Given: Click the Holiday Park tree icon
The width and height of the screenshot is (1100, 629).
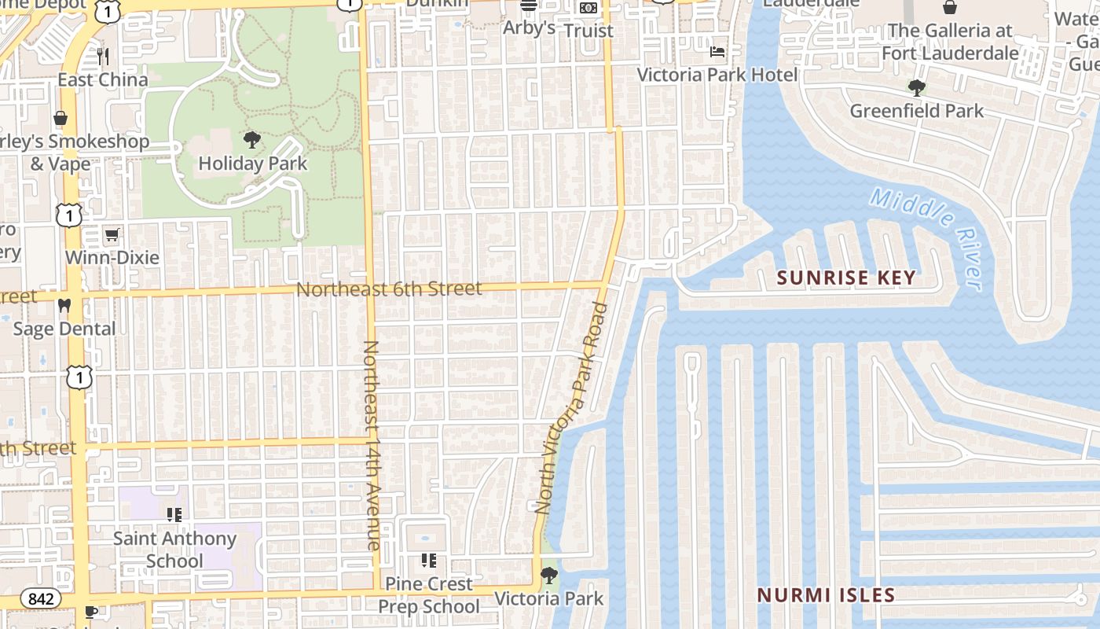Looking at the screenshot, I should point(251,141).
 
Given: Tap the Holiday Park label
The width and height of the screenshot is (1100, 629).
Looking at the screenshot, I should point(251,164).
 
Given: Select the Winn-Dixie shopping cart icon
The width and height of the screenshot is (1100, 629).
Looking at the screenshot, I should point(112,235).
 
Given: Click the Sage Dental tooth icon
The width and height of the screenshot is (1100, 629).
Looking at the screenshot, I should point(64,306).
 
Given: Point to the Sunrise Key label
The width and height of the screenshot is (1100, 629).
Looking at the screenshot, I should point(846,278).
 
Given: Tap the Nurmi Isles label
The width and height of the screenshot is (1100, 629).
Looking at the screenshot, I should point(826,595).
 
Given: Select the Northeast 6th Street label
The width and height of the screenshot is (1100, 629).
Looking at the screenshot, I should point(389,289).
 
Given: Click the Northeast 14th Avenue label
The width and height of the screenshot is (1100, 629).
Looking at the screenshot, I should point(371,444).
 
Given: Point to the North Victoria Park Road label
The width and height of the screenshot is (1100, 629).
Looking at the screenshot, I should point(571,409).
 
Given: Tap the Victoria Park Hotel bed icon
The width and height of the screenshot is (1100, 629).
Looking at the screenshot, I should point(717,52).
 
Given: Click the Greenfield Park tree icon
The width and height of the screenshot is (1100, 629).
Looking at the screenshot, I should point(916,87).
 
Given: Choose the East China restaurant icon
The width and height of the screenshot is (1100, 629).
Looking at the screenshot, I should point(103,57).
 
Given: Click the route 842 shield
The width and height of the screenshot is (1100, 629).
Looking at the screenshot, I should point(41,599).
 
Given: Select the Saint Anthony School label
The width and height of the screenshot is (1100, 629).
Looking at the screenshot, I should point(174,550).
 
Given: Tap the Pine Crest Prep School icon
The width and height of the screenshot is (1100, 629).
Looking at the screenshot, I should point(428,561).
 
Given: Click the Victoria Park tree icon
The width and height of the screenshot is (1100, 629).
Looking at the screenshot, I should point(549,576).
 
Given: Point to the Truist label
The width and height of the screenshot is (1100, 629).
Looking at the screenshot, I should point(588,31).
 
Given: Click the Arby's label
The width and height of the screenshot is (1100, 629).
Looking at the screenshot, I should point(529,28).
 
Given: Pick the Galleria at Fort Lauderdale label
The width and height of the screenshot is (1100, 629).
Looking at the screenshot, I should point(950,42).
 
